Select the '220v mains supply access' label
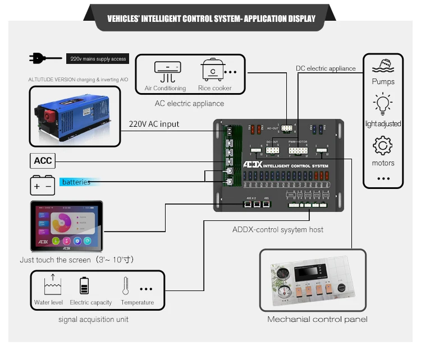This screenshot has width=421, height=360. click(x=97, y=58)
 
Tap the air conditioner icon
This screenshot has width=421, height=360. click(x=167, y=72)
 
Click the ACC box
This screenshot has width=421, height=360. click(x=43, y=161)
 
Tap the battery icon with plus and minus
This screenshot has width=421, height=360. click(x=43, y=184)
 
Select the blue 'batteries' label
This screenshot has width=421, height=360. click(x=76, y=182)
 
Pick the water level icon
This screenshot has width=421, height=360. click(x=52, y=285)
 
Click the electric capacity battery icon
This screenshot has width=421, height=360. click(x=84, y=285)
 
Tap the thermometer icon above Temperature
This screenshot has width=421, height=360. click(x=126, y=286)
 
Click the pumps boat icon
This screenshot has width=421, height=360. click(x=383, y=66)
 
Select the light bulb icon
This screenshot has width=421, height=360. click(x=383, y=105)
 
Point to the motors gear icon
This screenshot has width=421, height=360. click(x=383, y=146)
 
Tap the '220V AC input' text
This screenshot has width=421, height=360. click(x=154, y=124)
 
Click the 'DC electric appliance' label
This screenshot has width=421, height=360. click(x=326, y=68)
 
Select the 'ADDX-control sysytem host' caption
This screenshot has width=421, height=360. click(x=278, y=229)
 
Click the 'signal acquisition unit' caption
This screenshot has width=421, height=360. click(x=93, y=319)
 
